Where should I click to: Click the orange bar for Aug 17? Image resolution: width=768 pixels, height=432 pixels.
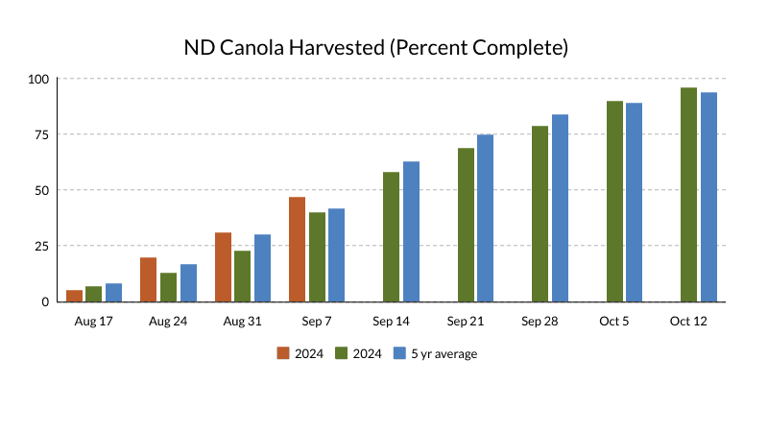coord(74,296)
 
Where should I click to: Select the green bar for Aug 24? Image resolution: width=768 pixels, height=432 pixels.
coord(168,287)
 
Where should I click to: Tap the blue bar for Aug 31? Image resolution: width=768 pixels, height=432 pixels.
coord(262,268)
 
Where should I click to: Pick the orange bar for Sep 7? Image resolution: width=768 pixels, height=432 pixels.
coord(298,250)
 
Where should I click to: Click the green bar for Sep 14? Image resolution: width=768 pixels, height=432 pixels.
coord(392,237)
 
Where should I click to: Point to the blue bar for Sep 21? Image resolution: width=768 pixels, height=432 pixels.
coord(486,218)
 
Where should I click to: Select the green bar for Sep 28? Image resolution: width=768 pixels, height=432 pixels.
coord(540,214)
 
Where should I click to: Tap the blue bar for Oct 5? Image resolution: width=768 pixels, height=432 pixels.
coord(635,203)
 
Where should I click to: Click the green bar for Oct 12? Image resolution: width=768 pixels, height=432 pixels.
coord(689,195)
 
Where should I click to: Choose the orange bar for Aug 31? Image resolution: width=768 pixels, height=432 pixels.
coord(224,267)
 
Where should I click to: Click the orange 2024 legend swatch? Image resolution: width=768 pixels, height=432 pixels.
coord(283,353)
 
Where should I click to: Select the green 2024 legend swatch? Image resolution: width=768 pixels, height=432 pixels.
coord(341,353)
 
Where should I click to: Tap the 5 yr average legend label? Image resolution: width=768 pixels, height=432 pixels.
coord(444,353)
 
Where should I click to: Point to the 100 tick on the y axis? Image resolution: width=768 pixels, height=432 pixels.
coord(39,79)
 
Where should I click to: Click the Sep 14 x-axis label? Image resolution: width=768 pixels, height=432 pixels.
coord(392,321)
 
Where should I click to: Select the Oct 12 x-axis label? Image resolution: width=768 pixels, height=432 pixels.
coord(688,321)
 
